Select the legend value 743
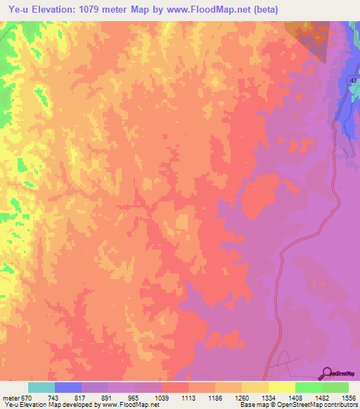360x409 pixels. pos(54,397)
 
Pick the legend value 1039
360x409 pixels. pos(162,397)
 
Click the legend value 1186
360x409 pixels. pos(216,397)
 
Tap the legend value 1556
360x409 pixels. pos(348,397)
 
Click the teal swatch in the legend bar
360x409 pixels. pos(41,387)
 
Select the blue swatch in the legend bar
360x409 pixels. pos(68,387)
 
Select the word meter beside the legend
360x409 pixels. pos(10,397)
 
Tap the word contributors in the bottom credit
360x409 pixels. pos(340,405)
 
